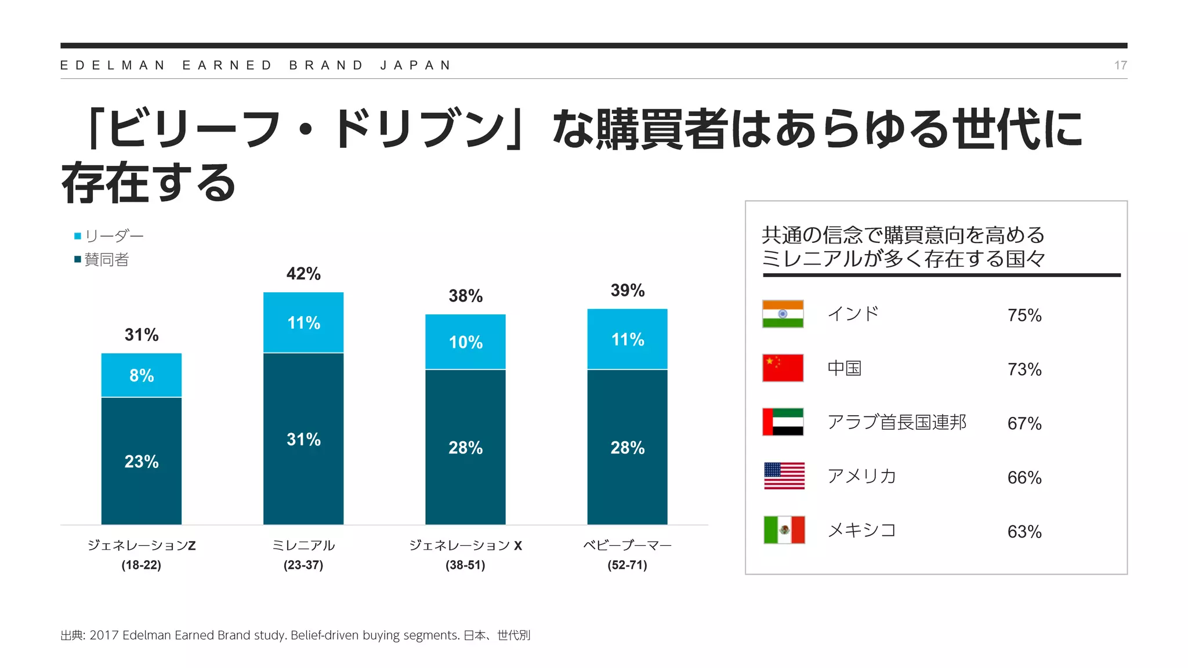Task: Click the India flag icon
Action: click(x=783, y=314)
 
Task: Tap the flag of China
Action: click(x=783, y=368)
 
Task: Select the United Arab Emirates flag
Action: click(x=783, y=422)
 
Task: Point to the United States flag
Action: click(x=784, y=476)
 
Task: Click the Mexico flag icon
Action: click(x=784, y=529)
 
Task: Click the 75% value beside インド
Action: click(x=1024, y=315)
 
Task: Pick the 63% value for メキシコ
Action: click(x=1024, y=532)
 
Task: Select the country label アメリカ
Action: click(x=861, y=476)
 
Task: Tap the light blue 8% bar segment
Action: click(x=142, y=375)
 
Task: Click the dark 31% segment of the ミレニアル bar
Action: click(x=303, y=439)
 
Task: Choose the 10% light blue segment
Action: click(x=465, y=342)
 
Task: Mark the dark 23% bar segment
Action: click(x=142, y=461)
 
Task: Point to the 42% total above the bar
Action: click(x=303, y=274)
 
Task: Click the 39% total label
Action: click(x=627, y=291)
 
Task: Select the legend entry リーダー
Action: click(x=114, y=236)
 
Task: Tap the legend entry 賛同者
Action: click(x=106, y=259)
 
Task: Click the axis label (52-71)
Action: click(x=627, y=565)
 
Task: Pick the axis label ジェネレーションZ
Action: click(x=142, y=545)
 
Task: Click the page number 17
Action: click(x=1120, y=66)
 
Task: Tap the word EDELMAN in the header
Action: click(x=113, y=66)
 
